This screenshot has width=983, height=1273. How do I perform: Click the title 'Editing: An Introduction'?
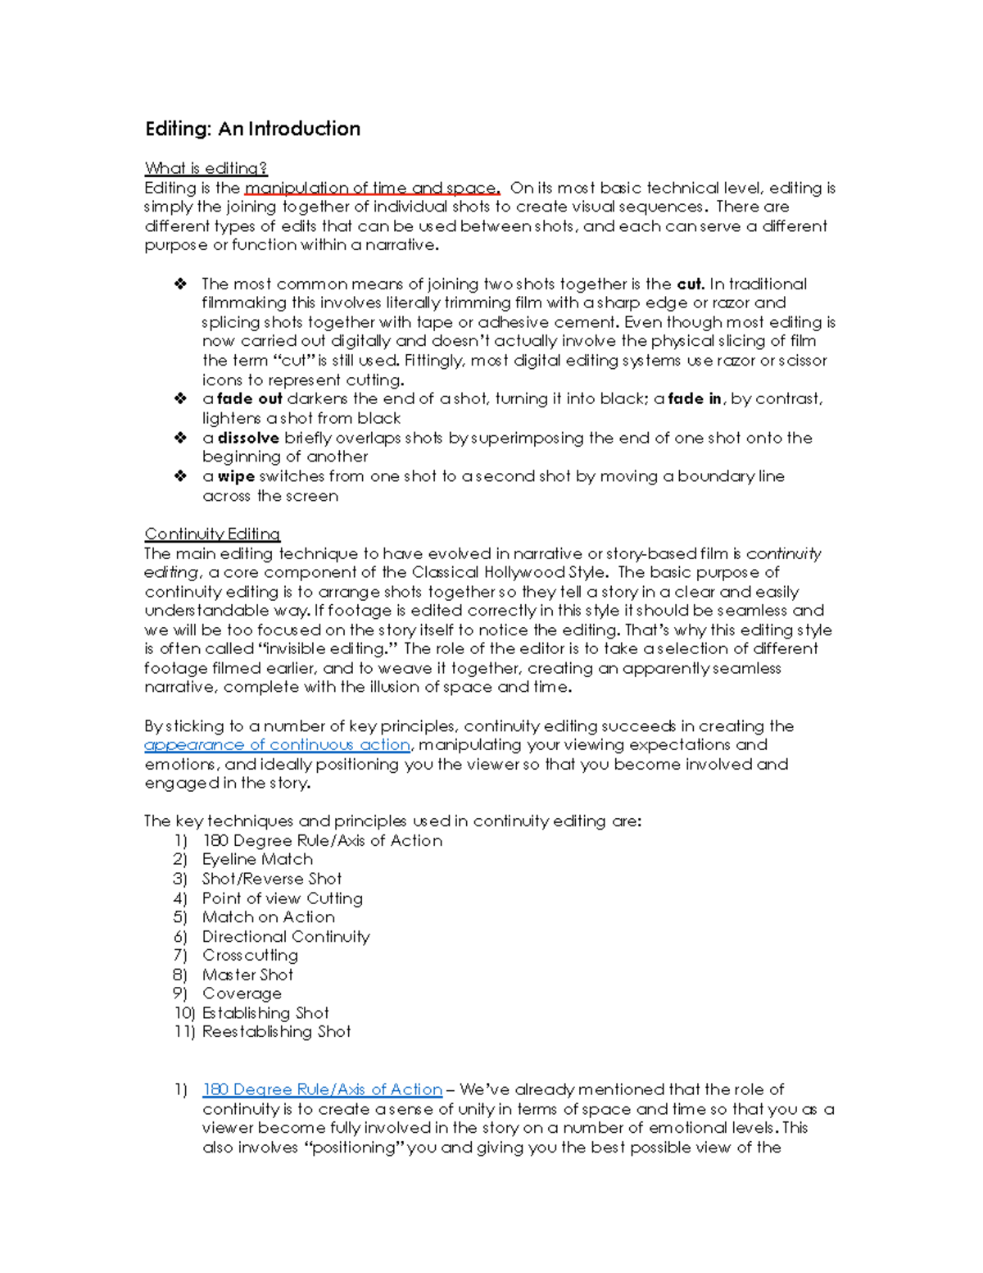252,129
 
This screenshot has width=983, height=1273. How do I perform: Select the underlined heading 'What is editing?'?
206,168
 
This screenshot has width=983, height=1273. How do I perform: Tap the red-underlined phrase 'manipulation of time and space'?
372,188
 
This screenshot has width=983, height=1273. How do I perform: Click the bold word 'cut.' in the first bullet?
691,284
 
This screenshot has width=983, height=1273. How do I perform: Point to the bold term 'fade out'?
250,399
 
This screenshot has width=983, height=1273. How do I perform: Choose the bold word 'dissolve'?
248,438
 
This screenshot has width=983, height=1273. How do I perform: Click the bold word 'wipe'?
236,476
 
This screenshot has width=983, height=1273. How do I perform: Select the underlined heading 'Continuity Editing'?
212,534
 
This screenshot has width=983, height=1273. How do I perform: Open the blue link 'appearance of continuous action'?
277,744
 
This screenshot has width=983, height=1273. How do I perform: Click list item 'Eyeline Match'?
257,859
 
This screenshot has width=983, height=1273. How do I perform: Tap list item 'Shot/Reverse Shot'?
272,879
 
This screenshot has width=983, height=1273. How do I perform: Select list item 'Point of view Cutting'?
282,898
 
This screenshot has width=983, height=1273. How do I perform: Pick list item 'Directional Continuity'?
286,936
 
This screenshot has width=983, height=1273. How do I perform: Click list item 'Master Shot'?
247,975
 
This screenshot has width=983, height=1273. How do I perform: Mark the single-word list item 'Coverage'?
242,993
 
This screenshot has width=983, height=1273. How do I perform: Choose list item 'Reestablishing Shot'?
276,1031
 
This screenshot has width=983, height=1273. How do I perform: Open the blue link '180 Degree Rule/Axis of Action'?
322,1089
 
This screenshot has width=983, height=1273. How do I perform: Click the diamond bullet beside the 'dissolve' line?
180,438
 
